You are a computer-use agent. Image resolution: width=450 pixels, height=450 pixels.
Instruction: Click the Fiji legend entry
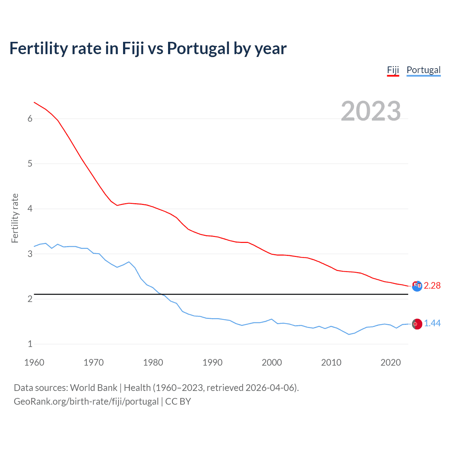pos(393,70)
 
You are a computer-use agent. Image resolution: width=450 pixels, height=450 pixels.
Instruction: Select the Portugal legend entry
pos(423,70)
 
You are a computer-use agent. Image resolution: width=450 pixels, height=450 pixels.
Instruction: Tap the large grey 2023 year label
pos(371,111)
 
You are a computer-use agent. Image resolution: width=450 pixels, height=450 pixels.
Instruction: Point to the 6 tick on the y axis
pos(30,119)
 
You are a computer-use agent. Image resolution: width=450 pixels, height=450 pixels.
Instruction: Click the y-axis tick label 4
pos(30,209)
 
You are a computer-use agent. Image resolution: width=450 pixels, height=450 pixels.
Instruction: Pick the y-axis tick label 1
pos(30,344)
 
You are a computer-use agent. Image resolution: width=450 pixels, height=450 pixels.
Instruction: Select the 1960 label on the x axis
pos(34,362)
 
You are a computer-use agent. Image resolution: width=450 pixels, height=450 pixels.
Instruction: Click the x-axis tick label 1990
pos(212,362)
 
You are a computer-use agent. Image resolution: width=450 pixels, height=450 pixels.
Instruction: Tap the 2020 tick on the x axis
pos(391,362)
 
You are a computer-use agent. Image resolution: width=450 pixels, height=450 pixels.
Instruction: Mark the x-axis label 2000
pos(272,362)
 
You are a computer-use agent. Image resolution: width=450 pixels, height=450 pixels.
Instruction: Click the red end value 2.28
pos(432,286)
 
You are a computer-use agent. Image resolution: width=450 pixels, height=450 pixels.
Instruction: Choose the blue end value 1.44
pos(432,323)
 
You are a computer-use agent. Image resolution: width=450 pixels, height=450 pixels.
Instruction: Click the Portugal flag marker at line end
pos(417,324)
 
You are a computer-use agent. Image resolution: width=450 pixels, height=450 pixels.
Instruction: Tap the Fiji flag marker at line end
pos(417,286)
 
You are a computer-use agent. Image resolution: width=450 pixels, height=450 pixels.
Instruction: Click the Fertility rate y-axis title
pos(15,218)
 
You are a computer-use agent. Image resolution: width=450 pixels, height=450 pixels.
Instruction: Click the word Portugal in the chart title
pos(198,48)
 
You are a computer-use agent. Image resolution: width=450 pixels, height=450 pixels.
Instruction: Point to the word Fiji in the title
pos(133,48)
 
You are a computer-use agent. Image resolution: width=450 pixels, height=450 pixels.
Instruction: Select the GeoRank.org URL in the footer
pos(86,401)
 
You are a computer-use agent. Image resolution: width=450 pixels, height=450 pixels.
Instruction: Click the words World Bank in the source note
pos(94,388)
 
